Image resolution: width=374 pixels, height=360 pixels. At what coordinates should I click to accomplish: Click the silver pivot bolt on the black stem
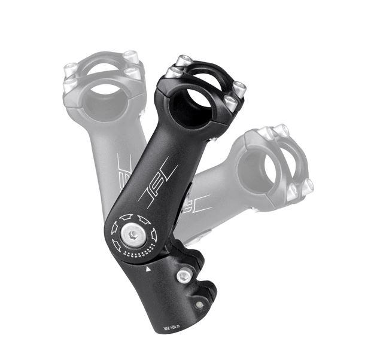pos(132,234)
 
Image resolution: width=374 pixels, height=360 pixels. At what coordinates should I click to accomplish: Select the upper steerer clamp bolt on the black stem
pos(184,276)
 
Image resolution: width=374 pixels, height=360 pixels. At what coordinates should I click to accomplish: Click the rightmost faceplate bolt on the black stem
pos(239,90)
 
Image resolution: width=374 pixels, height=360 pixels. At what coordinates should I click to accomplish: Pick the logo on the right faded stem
pos(200,203)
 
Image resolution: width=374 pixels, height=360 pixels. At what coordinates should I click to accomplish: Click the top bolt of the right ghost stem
pos(281,130)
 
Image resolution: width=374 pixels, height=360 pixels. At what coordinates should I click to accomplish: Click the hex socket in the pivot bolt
pos(132,234)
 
